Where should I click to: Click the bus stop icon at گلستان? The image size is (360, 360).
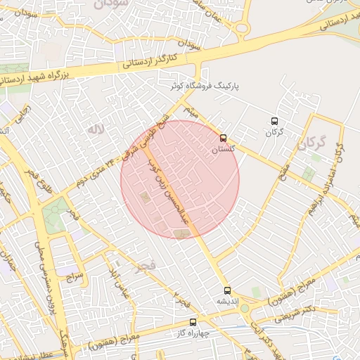pyautogui.click(x=224, y=138)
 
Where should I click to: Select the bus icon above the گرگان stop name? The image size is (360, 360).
pyautogui.click(x=274, y=120)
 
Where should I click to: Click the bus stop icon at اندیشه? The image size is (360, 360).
pyautogui.click(x=226, y=290)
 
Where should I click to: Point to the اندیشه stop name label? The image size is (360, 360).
pyautogui.click(x=227, y=302)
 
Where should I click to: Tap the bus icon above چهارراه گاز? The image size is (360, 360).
pyautogui.click(x=193, y=322)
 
